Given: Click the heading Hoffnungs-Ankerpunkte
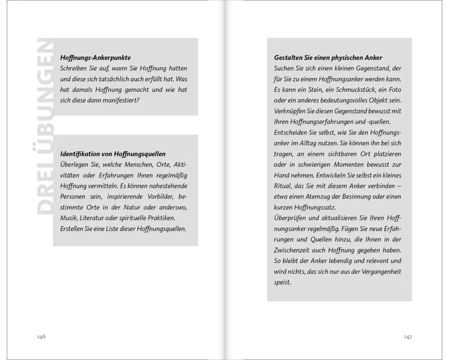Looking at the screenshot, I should pyautogui.click(x=95, y=58).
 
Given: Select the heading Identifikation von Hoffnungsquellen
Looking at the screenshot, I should pyautogui.click(x=112, y=154).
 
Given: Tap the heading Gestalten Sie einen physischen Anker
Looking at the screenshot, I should pyautogui.click(x=328, y=58).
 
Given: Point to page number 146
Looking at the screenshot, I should pyautogui.click(x=41, y=337).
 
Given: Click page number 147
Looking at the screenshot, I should pyautogui.click(x=408, y=337).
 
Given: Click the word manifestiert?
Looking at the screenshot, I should pyautogui.click(x=117, y=100).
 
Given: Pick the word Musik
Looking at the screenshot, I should pyautogui.click(x=68, y=218).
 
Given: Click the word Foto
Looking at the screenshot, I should pyautogui.click(x=393, y=90).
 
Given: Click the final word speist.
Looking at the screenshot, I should pyautogui.click(x=283, y=283).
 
